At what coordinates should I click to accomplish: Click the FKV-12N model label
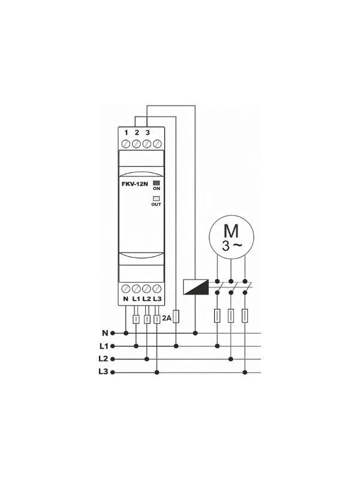pyautogui.click(x=134, y=184)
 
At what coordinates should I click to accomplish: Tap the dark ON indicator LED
pyautogui.click(x=157, y=183)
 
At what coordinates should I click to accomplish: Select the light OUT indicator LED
pyautogui.click(x=156, y=199)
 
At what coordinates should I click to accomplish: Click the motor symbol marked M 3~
pyautogui.click(x=232, y=236)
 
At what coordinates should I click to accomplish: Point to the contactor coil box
pyautogui.click(x=196, y=287)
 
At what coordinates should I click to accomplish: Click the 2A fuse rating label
pyautogui.click(x=167, y=318)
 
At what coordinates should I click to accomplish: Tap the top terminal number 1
pyautogui.click(x=126, y=133)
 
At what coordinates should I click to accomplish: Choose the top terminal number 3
pyautogui.click(x=148, y=133)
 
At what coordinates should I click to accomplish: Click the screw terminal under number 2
pyautogui.click(x=137, y=143)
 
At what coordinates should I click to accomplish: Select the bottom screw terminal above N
pyautogui.click(x=126, y=289)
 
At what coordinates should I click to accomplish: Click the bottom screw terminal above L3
pyautogui.click(x=157, y=289)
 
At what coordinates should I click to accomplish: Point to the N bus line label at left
pyautogui.click(x=105, y=333)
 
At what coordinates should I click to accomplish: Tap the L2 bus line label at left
pyautogui.click(x=103, y=358)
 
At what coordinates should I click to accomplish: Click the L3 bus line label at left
pyautogui.click(x=103, y=371)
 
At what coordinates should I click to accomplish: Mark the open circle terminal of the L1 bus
pyautogui.click(x=113, y=346)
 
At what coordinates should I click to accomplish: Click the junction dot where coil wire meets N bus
pyautogui.click(x=196, y=333)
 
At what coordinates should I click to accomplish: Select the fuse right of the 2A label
pyautogui.click(x=176, y=317)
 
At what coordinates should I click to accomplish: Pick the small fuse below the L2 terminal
pyautogui.click(x=147, y=319)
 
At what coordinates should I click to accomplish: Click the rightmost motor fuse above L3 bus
pyautogui.click(x=245, y=316)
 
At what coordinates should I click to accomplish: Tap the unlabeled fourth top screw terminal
pyautogui.click(x=157, y=143)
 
